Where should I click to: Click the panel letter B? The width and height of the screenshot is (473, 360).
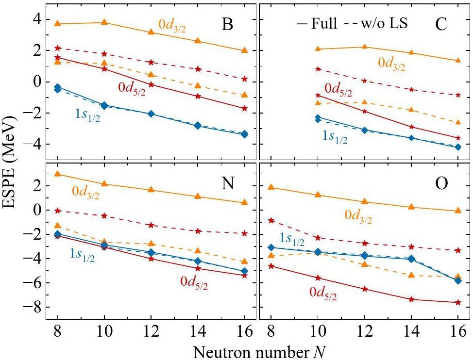[227, 24]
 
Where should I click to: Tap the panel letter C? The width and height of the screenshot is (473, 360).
[441, 24]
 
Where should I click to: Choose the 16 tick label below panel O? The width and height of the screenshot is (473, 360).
[457, 332]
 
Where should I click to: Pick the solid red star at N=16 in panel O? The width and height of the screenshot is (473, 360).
[457, 302]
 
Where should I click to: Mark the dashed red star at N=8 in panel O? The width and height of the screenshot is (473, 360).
[271, 220]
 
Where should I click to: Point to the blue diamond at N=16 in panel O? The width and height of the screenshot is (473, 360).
[457, 280]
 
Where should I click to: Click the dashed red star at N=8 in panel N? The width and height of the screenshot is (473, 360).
[57, 211]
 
